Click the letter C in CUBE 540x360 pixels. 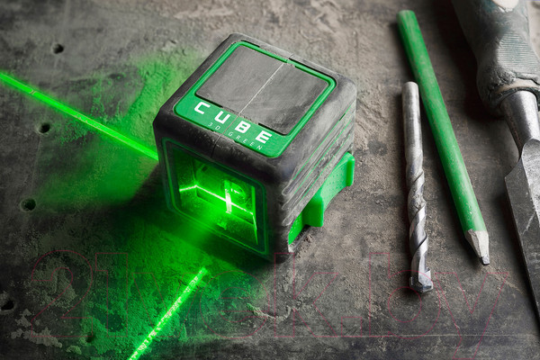pos(200,110)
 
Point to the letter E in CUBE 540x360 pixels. pos(267,137)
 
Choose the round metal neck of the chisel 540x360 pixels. pos(520,117)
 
